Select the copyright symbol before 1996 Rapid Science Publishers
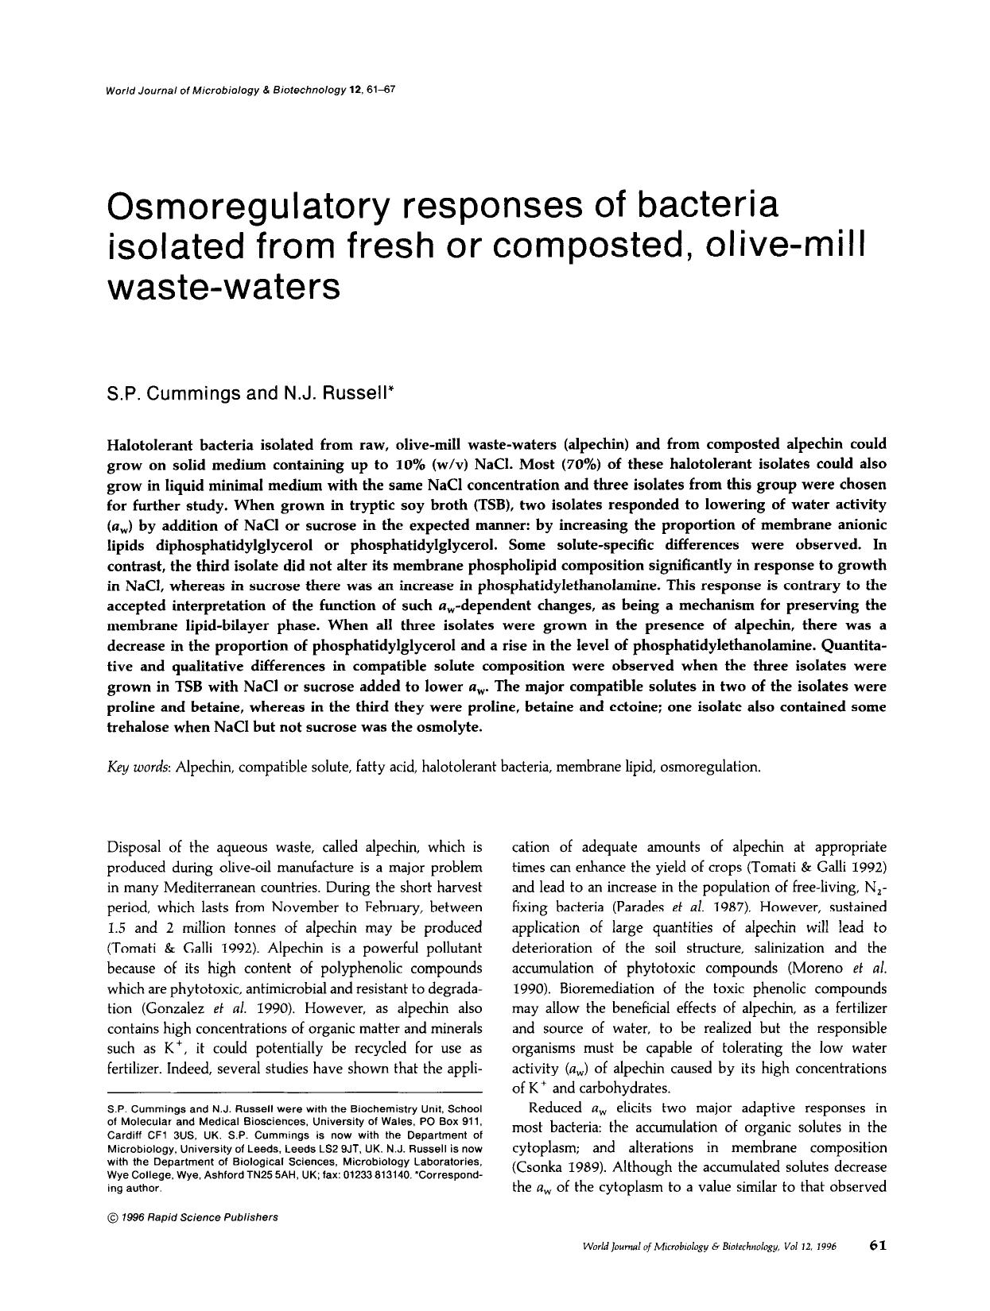pyautogui.click(x=111, y=1217)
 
